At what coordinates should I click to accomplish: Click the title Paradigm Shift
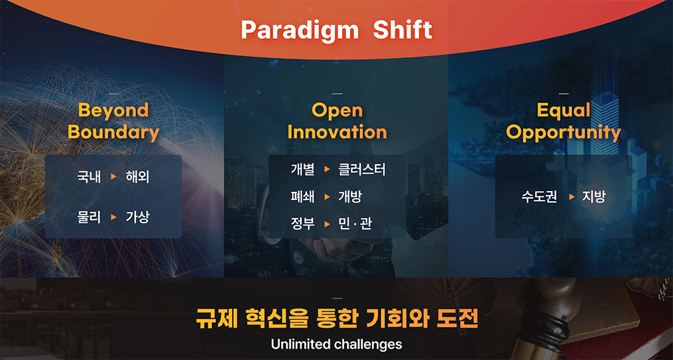(336, 30)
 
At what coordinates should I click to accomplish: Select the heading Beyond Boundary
(113, 121)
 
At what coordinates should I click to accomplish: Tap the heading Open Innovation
(337, 121)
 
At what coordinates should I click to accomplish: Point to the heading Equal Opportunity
(563, 121)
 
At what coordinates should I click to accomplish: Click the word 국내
(89, 177)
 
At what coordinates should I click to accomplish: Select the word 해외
(137, 177)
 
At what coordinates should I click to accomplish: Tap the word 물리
(89, 217)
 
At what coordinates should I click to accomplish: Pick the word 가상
(137, 217)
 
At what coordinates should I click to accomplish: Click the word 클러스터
(362, 170)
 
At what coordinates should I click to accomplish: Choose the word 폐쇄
(303, 197)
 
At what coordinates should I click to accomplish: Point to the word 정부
(303, 224)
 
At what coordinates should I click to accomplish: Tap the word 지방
(594, 197)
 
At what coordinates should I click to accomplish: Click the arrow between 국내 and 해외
(113, 177)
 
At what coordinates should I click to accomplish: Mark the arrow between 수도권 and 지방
(571, 197)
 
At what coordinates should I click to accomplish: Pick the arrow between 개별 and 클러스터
(327, 170)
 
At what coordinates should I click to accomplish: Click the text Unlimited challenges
(336, 344)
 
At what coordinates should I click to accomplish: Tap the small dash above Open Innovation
(337, 94)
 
